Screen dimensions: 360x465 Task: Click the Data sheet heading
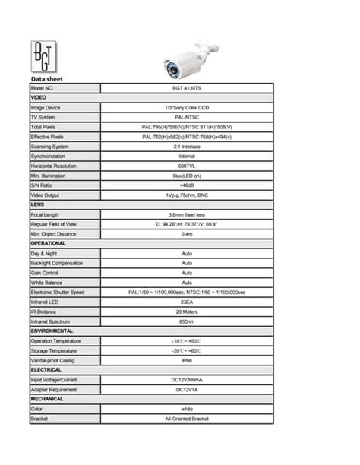(47, 79)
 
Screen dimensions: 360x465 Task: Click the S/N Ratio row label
(42, 185)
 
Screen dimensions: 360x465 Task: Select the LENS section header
(38, 204)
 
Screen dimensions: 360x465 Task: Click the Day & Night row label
(44, 253)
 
